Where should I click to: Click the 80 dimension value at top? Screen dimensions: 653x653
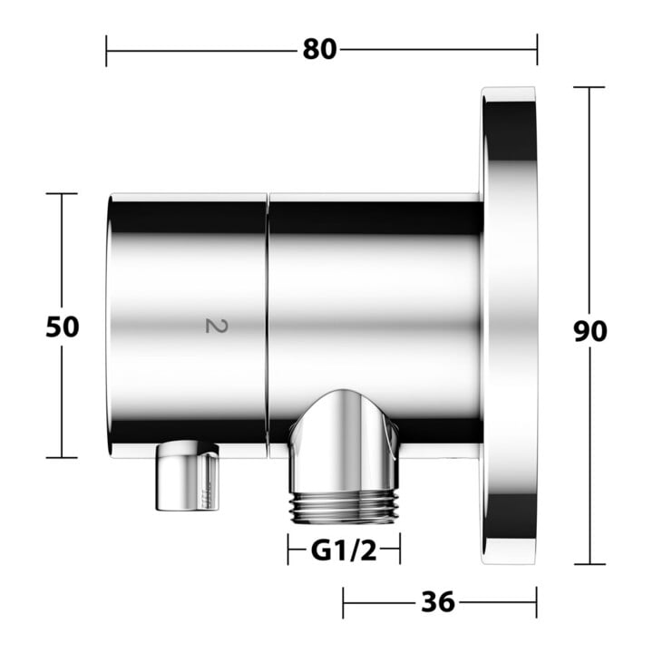pyautogui.click(x=319, y=50)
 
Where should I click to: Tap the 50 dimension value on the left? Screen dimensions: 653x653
pyautogui.click(x=62, y=326)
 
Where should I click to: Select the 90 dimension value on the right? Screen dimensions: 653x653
pyautogui.click(x=590, y=332)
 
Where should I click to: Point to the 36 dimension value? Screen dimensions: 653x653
pyautogui.click(x=438, y=602)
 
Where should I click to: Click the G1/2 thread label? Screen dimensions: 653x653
pyautogui.click(x=344, y=551)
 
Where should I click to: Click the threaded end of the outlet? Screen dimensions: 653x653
pyautogui.click(x=346, y=507)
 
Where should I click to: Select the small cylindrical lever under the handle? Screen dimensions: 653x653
pyautogui.click(x=187, y=476)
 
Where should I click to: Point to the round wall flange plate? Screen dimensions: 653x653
pyautogui.click(x=509, y=326)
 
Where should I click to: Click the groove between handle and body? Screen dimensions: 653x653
pyautogui.click(x=268, y=326)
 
